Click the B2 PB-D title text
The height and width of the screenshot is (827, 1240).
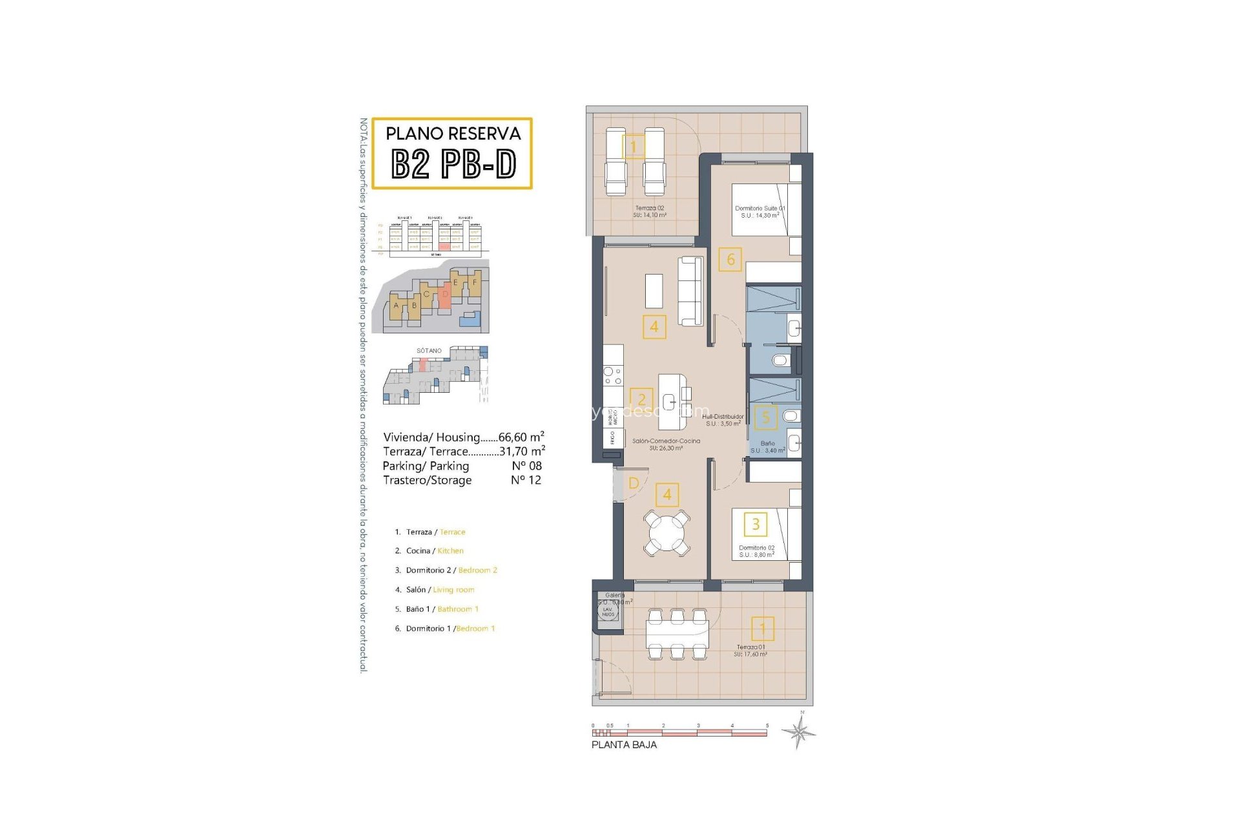point(453,163)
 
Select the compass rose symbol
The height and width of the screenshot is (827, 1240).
point(799,733)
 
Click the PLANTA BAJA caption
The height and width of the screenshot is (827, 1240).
point(624,744)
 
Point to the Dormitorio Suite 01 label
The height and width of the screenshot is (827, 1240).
point(759,209)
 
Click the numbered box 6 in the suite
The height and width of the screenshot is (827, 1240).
point(730,260)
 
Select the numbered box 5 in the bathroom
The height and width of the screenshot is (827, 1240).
point(765,417)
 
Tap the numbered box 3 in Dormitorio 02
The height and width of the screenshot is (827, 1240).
point(756,524)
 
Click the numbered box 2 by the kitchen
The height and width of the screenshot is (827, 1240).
point(641,399)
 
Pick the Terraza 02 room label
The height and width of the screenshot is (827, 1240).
point(649,209)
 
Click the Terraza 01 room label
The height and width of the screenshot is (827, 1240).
point(750,647)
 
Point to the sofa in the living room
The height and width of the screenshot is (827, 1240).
point(690,291)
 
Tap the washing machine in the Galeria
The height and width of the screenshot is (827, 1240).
point(608,611)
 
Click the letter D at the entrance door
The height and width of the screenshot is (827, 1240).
point(634,483)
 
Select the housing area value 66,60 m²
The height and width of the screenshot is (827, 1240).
point(521,437)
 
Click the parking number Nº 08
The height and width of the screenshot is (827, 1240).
point(526,466)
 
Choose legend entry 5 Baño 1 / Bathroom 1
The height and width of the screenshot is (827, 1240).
point(442,609)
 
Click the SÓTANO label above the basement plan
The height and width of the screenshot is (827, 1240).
point(429,351)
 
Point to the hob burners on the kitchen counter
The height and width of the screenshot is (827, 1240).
point(613,376)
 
